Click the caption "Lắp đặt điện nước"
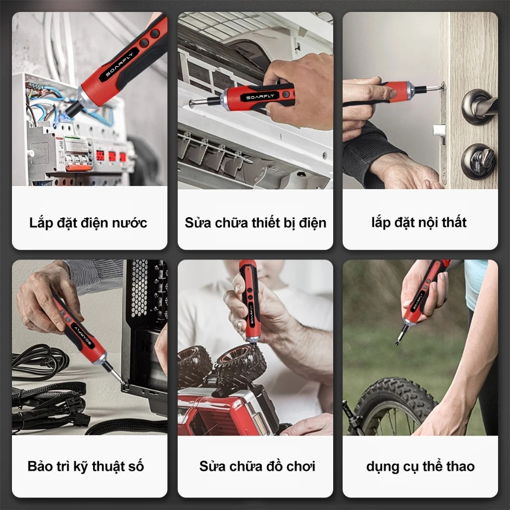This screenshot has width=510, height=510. tap(88, 223)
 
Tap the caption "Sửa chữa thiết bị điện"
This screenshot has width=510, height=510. tap(255, 223)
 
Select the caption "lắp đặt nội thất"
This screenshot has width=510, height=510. tap(419, 223)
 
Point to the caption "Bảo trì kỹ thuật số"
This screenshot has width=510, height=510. tap(86, 466)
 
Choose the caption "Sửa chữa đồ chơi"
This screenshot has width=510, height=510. tap(257, 466)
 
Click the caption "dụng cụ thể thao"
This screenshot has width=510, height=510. tap(420, 466)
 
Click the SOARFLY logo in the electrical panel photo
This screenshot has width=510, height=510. tap(120, 64)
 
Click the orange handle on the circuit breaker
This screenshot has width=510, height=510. tap(79, 167)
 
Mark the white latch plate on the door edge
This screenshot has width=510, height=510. tap(438, 130)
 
